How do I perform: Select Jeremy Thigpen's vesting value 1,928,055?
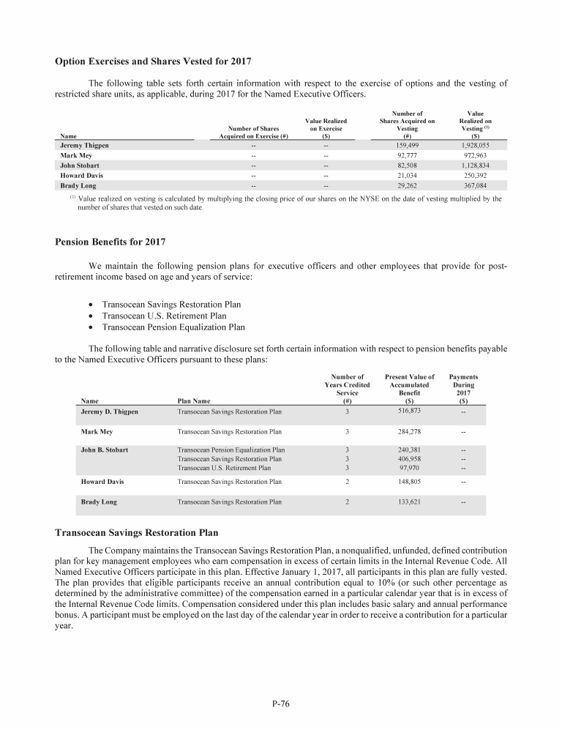476,146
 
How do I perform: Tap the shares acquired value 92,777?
407,156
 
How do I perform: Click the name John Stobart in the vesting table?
80,166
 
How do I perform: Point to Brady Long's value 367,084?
476,186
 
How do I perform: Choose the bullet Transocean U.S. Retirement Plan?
164,316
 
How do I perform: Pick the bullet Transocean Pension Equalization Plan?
173,327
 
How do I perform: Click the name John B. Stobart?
106,450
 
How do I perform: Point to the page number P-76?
281,704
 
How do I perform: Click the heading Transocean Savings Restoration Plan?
136,533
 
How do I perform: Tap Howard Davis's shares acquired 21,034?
407,176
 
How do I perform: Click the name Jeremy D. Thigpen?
109,411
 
